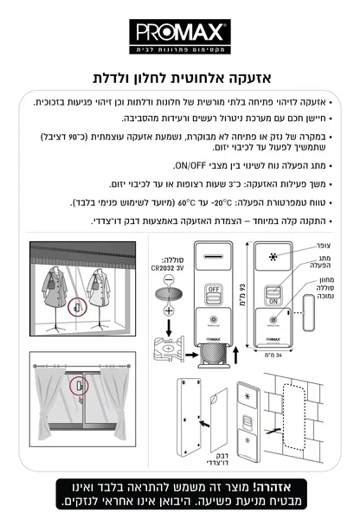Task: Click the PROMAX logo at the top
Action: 180,34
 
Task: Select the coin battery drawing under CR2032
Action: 170,292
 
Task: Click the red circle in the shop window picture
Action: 76,306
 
